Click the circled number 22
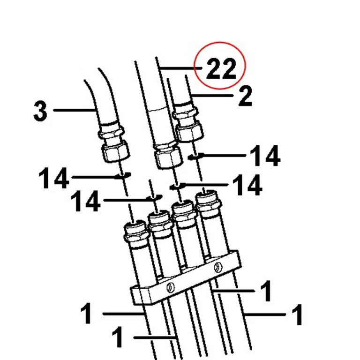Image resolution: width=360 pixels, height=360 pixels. [221, 68]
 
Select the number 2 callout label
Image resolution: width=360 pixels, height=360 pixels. [245, 96]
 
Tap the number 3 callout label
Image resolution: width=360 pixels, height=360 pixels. [40, 111]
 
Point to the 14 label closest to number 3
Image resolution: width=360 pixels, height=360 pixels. [54, 178]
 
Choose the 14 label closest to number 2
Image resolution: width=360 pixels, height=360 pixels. [265, 156]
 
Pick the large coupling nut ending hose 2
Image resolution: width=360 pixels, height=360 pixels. [190, 132]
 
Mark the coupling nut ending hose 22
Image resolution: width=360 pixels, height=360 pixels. [168, 157]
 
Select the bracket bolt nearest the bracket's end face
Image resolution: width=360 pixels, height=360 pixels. [170, 287]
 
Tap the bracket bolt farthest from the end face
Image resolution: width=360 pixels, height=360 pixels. [218, 268]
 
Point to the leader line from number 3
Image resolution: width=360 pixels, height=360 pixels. [75, 110]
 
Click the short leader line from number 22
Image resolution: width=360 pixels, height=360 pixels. [181, 68]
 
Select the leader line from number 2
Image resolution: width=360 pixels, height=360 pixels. [212, 95]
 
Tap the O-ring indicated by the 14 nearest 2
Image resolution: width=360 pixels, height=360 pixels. [195, 157]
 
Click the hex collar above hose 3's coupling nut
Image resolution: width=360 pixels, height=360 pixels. [111, 134]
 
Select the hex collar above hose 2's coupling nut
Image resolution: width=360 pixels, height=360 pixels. [185, 113]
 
